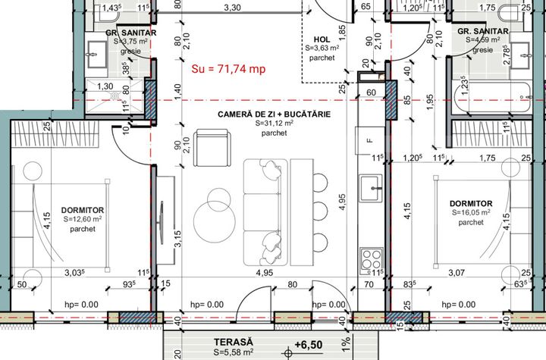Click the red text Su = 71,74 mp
click(228, 69)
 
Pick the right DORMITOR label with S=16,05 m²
click(471, 204)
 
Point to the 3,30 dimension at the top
click(232, 8)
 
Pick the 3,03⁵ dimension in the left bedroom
click(77, 272)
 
